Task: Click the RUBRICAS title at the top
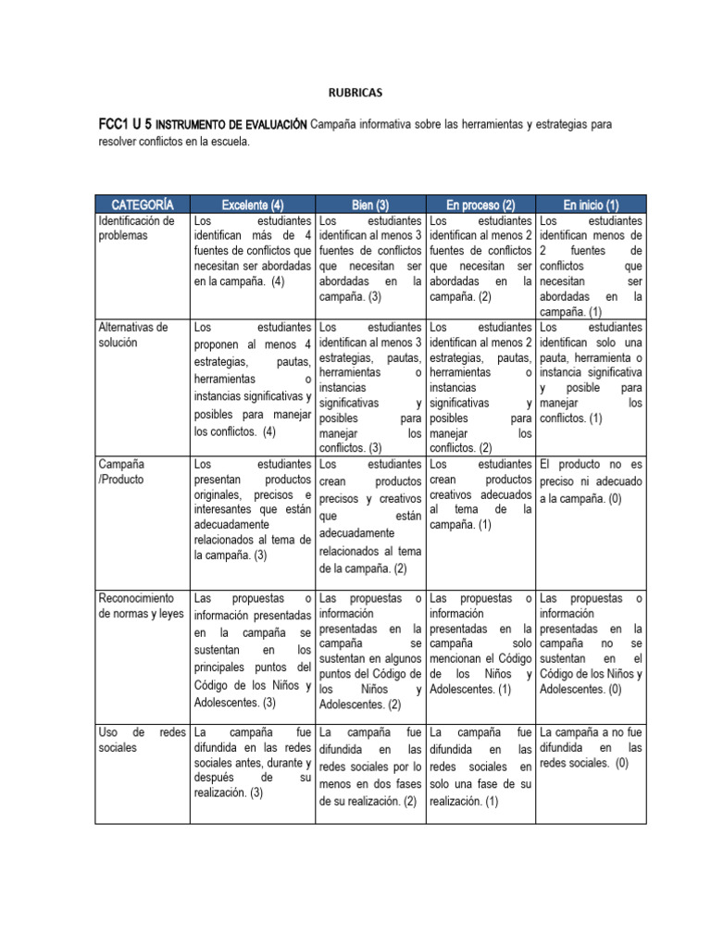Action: (x=355, y=93)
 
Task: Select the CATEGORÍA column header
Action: (x=143, y=204)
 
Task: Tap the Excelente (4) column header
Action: (x=252, y=204)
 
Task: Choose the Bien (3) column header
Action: (x=369, y=204)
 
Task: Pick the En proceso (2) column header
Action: (x=480, y=204)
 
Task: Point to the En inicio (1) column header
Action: (x=591, y=204)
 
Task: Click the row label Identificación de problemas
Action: (x=136, y=229)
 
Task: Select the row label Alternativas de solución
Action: (x=133, y=334)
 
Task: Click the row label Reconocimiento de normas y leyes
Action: (x=142, y=605)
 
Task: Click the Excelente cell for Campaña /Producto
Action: (x=252, y=509)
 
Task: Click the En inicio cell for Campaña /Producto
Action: (x=591, y=481)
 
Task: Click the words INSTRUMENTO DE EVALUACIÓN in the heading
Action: (x=231, y=124)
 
